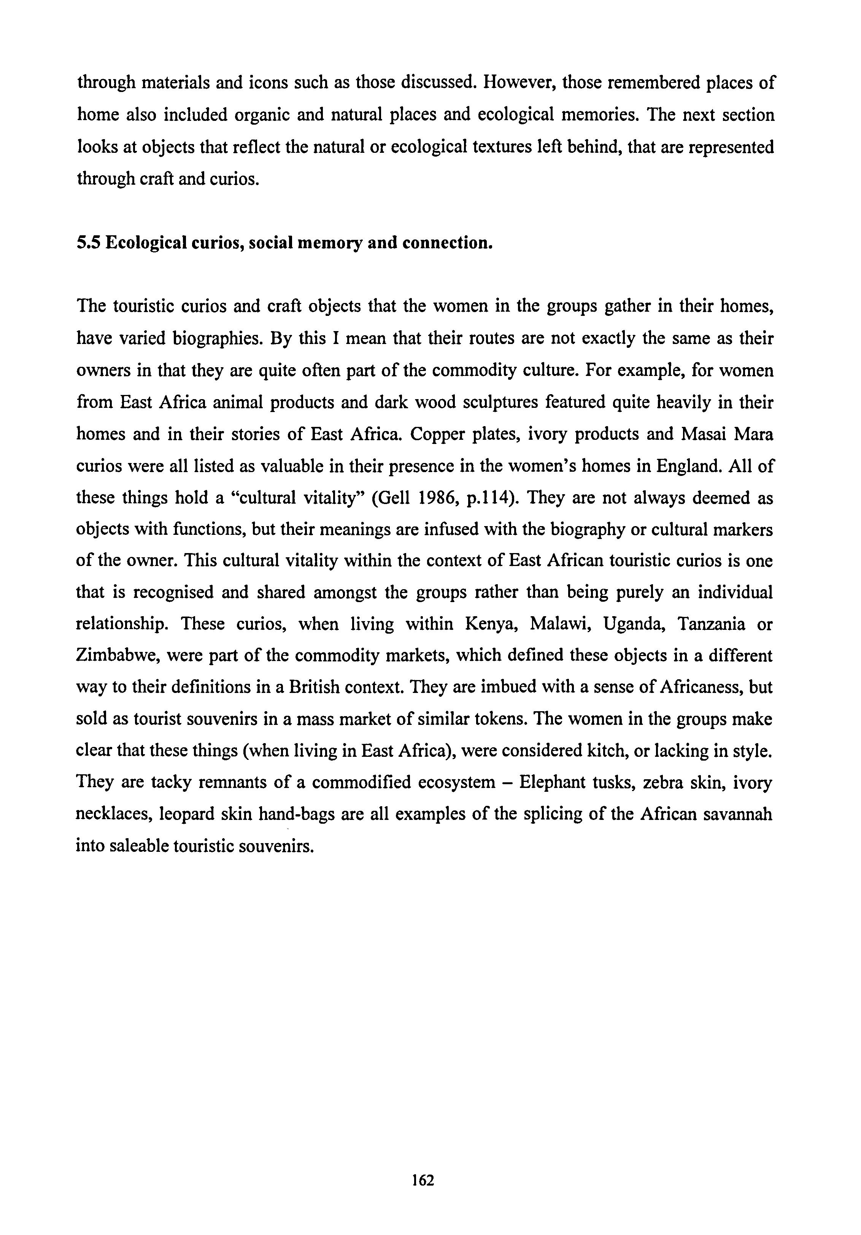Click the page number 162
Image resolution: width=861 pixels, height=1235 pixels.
(423, 1180)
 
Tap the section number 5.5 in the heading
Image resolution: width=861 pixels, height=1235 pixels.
(88, 243)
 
